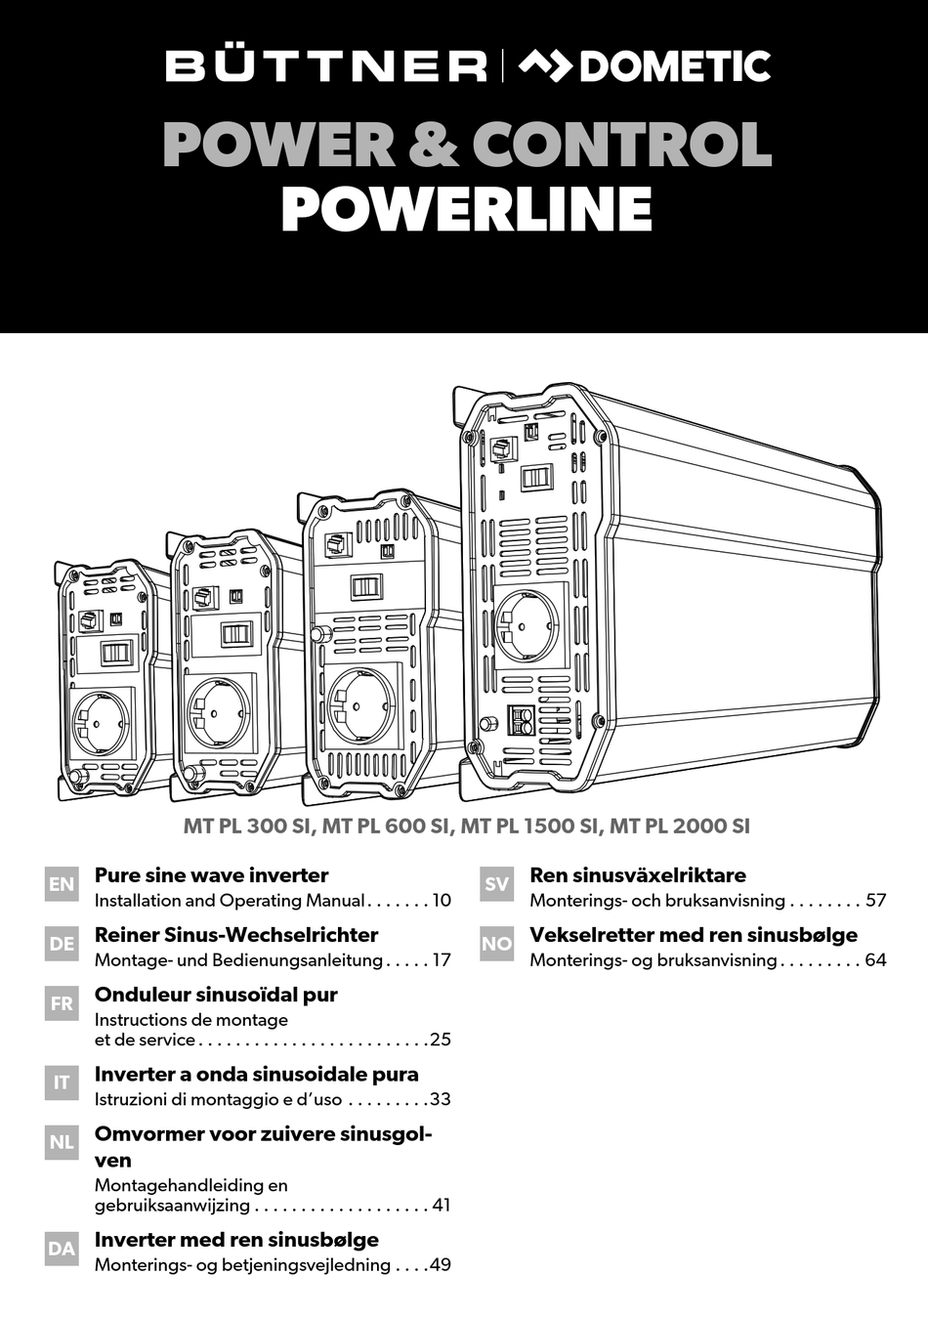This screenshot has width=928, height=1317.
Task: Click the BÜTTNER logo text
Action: tap(326, 66)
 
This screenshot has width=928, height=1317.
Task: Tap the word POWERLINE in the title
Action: tap(467, 209)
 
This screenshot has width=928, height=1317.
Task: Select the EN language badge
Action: tap(62, 884)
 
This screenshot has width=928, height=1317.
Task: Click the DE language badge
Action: tap(62, 944)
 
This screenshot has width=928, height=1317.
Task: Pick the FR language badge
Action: tap(62, 1003)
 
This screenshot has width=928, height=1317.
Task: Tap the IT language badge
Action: tap(62, 1083)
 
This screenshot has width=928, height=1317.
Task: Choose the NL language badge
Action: tap(62, 1142)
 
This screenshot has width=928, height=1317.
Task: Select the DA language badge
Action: tap(62, 1249)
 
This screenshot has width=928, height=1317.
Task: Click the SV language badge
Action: tap(496, 884)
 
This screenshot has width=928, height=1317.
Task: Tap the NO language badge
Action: tap(496, 944)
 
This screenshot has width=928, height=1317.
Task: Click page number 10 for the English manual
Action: tap(441, 901)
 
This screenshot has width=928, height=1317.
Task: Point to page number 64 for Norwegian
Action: tap(875, 960)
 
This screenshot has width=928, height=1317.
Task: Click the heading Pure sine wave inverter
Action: tap(211, 875)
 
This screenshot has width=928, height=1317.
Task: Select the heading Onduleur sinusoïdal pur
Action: tap(216, 995)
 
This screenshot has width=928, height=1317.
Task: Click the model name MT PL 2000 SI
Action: tap(680, 827)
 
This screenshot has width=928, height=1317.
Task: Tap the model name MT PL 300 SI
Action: tap(248, 827)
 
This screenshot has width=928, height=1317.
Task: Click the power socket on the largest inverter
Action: tap(527, 626)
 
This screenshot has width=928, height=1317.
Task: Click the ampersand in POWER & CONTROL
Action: tap(433, 145)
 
